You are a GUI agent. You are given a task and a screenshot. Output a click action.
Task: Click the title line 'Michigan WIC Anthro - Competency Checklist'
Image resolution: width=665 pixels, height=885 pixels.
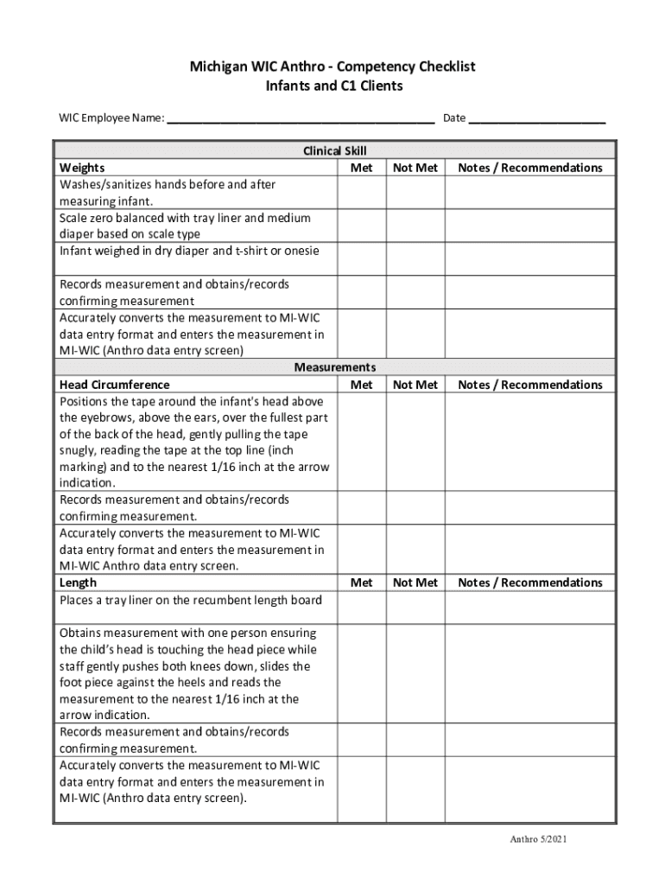[333, 67]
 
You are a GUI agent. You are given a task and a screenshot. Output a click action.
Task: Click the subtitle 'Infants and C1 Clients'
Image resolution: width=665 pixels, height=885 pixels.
[333, 86]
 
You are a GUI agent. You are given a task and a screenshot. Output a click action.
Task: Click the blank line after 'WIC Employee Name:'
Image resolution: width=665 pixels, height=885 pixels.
[300, 119]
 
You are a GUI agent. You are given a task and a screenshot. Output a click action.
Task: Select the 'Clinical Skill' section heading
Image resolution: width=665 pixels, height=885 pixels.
[334, 150]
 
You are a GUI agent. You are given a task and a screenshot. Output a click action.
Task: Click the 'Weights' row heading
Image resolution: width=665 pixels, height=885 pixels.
[82, 168]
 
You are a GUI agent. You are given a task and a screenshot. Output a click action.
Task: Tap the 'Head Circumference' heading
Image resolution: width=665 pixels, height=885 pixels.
[114, 385]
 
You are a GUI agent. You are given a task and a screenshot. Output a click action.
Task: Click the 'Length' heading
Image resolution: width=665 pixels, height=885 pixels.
[78, 583]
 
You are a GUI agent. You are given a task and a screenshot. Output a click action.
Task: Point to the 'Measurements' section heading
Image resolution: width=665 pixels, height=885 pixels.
[334, 367]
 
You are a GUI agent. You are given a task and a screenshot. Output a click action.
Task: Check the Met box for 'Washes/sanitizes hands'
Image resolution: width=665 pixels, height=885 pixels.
[361, 193]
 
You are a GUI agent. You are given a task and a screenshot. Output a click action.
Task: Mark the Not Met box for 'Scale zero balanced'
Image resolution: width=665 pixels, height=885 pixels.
[415, 226]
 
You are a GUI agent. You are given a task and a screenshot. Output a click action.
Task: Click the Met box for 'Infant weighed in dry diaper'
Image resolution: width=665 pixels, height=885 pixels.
[361, 259]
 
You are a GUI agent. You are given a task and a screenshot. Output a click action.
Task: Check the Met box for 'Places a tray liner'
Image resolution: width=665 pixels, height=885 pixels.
[361, 608]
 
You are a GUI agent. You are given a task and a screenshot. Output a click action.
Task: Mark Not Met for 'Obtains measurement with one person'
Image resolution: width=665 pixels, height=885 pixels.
[415, 674]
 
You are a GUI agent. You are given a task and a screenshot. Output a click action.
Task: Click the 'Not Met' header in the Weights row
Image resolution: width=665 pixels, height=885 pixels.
[415, 168]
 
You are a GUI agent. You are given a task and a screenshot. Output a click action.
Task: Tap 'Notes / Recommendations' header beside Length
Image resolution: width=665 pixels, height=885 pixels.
[530, 583]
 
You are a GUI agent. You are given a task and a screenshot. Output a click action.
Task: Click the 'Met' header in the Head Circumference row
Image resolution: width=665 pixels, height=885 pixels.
[362, 385]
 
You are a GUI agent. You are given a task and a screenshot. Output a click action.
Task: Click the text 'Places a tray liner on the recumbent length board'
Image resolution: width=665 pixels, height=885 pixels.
[190, 601]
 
